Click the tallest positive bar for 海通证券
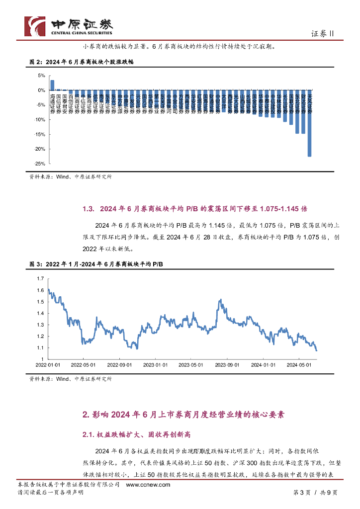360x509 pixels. tap(53, 85)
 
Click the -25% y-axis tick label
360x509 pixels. tap(40, 164)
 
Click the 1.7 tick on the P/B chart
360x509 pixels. tap(40, 278)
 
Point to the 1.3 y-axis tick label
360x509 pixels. tap(40, 325)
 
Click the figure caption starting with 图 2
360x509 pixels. tap(82, 63)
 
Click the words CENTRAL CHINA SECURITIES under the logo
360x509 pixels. tap(82, 33)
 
